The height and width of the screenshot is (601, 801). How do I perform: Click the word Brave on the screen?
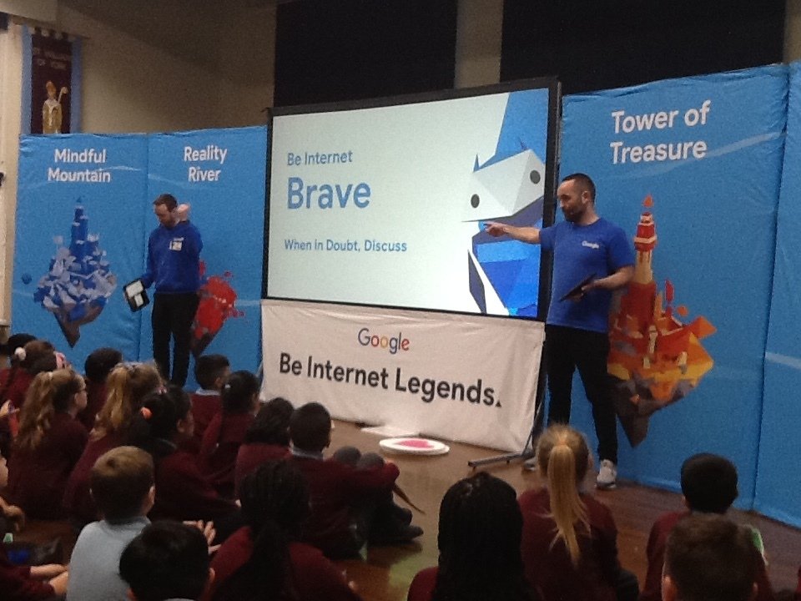click(329, 193)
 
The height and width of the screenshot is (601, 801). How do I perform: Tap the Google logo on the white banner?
click(383, 341)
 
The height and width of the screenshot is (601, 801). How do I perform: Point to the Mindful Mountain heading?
click(79, 165)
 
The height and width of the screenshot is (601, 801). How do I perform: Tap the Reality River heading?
click(204, 163)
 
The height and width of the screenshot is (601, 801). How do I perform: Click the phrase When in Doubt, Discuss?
click(345, 245)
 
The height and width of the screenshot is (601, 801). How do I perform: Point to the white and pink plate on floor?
click(415, 446)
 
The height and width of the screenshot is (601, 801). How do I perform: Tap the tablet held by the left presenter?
click(136, 295)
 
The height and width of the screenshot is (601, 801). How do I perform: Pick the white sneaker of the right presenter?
click(607, 474)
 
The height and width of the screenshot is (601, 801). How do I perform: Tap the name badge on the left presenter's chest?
click(176, 245)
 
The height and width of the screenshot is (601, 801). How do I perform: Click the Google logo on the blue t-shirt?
click(590, 245)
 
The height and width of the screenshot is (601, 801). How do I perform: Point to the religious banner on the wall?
click(51, 81)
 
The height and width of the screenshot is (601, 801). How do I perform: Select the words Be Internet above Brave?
click(320, 158)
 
